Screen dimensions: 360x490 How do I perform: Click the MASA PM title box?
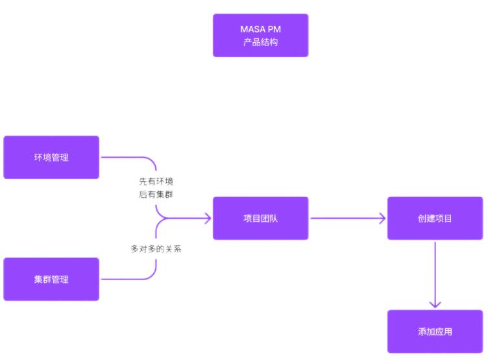pos(260,35)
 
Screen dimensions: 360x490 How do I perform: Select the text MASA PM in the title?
pos(260,29)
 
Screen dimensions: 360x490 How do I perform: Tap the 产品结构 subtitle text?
pos(260,42)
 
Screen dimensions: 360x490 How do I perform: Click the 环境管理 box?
pos(52,157)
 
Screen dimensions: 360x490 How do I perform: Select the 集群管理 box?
pos(52,279)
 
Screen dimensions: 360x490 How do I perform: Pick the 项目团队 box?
pos(260,218)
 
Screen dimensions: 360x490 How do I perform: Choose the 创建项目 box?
pos(435,218)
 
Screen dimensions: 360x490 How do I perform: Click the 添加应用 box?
pos(435,331)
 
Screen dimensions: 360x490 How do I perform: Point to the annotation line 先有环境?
pos(156,182)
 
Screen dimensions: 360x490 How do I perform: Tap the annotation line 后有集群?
pos(156,194)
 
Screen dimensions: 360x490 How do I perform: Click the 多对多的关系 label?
pos(156,248)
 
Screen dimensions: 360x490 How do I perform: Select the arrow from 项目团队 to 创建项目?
pos(344,218)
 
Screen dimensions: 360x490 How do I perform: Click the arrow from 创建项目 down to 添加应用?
pos(435,272)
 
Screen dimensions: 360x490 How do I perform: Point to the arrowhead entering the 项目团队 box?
pos(207,218)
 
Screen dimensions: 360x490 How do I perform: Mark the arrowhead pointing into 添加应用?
pos(435,304)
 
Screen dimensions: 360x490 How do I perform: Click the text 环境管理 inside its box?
pos(52,158)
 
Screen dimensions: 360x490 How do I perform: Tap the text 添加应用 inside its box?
pos(435,331)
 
